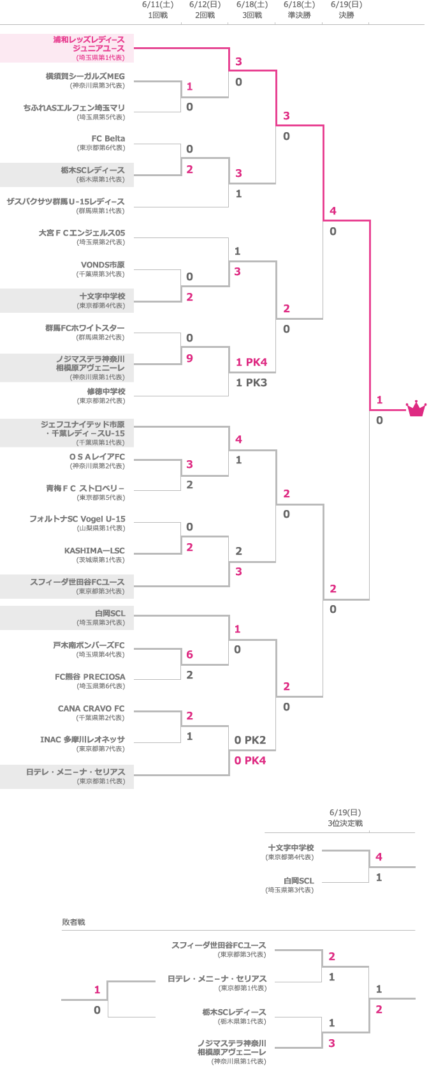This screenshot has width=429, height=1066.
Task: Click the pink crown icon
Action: [x=416, y=409]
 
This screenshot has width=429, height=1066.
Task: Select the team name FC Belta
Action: [x=108, y=139]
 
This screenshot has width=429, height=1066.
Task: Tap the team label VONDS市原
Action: [x=103, y=265]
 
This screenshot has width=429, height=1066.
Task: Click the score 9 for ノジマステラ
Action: [x=189, y=358]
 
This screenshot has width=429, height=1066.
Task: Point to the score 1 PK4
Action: [x=251, y=362]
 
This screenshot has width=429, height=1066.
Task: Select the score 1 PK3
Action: [x=251, y=382]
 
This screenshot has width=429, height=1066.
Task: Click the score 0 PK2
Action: [x=250, y=740]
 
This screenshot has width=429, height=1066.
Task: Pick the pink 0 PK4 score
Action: [x=250, y=760]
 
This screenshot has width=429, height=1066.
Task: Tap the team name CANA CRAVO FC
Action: [x=91, y=709]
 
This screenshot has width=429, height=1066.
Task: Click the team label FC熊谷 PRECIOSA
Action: [x=90, y=677]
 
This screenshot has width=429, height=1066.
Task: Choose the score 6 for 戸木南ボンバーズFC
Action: [x=189, y=654]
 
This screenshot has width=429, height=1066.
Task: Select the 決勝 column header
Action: [x=346, y=15]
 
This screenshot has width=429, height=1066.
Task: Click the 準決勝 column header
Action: [x=299, y=15]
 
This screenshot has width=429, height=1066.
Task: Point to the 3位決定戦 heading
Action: [x=345, y=823]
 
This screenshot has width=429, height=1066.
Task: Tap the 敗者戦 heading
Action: [x=73, y=922]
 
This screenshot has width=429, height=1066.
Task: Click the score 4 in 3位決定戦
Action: [x=379, y=857]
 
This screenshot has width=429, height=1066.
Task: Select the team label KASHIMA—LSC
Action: [x=94, y=551]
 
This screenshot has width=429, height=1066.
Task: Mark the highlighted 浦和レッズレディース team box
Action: [x=67, y=49]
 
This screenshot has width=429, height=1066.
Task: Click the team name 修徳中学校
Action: [x=106, y=391]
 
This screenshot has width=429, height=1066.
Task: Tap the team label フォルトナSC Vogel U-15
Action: [x=77, y=519]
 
